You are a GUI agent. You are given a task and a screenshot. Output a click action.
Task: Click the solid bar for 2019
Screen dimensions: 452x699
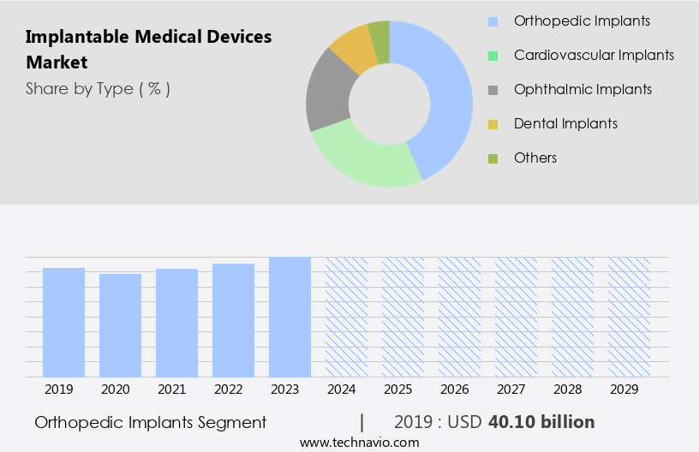pos(63,323)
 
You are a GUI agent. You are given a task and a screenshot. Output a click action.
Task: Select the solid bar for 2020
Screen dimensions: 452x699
pos(120,325)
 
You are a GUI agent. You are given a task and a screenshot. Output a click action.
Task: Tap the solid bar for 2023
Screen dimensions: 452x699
pos(290,317)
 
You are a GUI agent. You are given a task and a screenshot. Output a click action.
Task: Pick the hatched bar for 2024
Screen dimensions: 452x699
pos(346,317)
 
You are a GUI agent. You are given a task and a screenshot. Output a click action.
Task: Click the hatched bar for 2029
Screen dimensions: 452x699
pos(629,317)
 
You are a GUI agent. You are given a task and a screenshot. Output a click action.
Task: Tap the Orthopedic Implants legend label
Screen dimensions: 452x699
pos(582,21)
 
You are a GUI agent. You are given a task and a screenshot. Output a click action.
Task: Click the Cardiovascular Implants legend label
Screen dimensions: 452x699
pos(594,55)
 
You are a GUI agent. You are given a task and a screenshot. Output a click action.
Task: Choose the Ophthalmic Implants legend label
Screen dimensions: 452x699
pos(582,89)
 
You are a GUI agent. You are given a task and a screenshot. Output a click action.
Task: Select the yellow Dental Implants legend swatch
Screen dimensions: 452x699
pos(493,124)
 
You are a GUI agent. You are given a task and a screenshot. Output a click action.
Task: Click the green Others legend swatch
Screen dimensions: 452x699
pos(493,158)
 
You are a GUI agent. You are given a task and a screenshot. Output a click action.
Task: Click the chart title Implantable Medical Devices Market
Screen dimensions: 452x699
pos(148,50)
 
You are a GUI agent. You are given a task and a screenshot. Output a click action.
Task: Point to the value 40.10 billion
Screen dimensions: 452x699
pos(541,422)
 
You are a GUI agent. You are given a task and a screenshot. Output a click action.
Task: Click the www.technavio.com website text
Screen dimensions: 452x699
pos(359,443)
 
